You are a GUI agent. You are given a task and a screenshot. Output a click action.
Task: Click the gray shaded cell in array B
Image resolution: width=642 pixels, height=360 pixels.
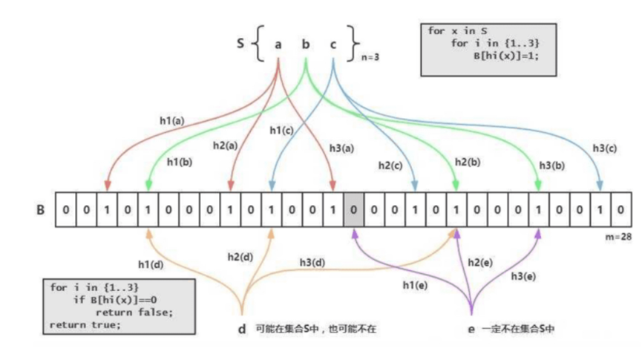[x=353, y=210]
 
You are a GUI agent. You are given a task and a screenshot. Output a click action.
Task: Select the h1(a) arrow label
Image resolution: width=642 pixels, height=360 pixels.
[x=173, y=119]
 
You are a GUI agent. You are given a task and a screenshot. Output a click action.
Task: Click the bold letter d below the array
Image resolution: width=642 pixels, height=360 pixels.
[x=242, y=328]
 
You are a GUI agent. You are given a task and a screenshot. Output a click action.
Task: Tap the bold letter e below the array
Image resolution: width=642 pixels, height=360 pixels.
[x=471, y=328]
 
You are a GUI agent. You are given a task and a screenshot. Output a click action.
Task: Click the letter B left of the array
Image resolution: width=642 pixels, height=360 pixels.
[x=40, y=210]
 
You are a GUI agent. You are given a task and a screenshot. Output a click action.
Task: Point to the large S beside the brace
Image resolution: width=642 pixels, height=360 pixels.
[x=240, y=43]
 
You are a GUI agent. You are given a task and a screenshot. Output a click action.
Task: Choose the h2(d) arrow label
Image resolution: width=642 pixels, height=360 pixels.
[x=240, y=257]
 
